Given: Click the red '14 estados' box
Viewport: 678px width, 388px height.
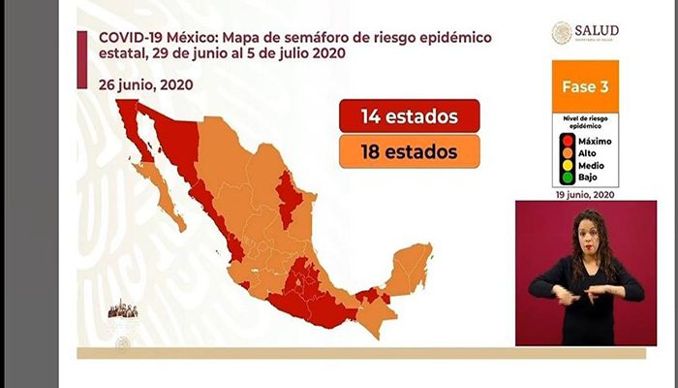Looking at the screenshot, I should pos(410,118).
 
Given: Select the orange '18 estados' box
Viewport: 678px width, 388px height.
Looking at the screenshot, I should pos(410,151).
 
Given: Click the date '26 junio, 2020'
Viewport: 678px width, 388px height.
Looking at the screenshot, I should pos(145,84).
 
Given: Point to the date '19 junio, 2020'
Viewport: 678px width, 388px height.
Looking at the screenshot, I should pos(584,194).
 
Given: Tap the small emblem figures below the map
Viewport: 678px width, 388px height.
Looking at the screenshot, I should pos(123,309).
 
